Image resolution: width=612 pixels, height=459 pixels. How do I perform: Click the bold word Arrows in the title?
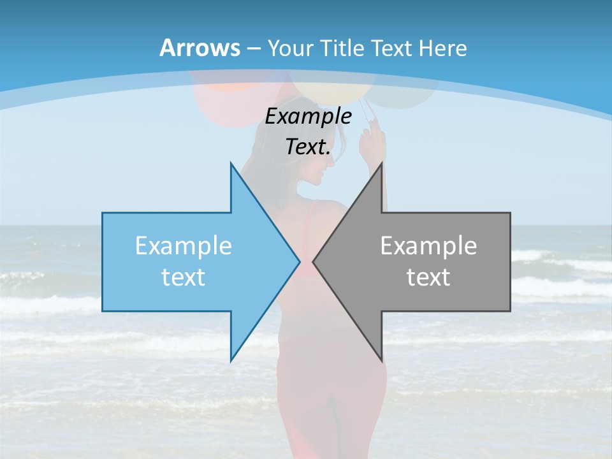click(200, 48)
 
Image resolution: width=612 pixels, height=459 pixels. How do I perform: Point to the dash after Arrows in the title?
click(254, 48)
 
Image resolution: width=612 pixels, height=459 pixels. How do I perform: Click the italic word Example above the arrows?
click(308, 116)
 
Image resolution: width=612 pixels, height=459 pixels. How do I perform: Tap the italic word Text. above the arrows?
click(308, 147)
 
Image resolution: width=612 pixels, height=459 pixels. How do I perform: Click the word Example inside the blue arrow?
click(184, 246)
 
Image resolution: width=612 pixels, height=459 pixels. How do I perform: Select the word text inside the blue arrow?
click(184, 277)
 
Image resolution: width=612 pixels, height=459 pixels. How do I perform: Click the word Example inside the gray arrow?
click(428, 246)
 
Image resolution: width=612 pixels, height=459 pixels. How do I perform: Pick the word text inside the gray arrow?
click(428, 277)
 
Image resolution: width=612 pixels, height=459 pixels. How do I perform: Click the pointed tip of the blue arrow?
click(299, 261)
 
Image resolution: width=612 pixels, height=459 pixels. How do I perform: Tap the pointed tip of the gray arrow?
click(314, 261)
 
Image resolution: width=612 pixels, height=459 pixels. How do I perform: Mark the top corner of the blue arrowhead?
click(231, 163)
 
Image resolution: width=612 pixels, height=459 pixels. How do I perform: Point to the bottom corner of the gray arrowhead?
click(381, 360)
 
